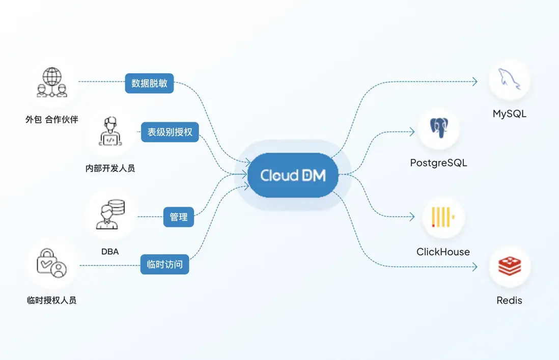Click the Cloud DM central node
(293, 175)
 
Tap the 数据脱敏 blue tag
(149, 84)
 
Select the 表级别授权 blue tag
(170, 132)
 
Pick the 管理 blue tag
(178, 217)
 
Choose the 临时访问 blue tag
(164, 264)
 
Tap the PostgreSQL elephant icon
(438, 129)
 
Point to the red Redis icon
(509, 267)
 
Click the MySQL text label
(509, 114)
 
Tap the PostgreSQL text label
(438, 163)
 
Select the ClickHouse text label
(443, 252)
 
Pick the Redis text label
(509, 300)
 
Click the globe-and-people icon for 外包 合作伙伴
(51, 83)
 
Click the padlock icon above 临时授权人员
(51, 265)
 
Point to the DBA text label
(110, 251)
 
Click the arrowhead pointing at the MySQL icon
(474, 81)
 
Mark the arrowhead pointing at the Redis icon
(474, 267)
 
